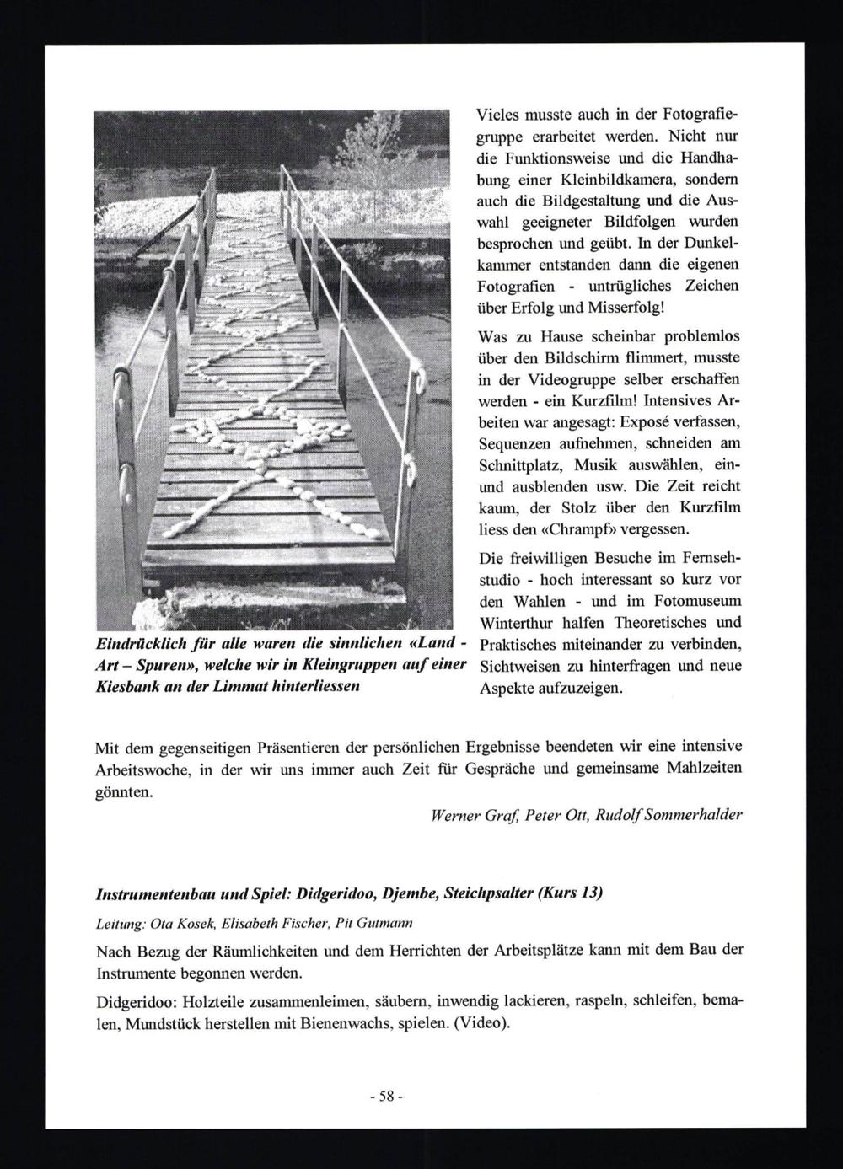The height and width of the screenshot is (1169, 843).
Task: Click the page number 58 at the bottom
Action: [388, 1097]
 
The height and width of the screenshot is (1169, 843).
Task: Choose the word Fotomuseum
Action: [699, 602]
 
